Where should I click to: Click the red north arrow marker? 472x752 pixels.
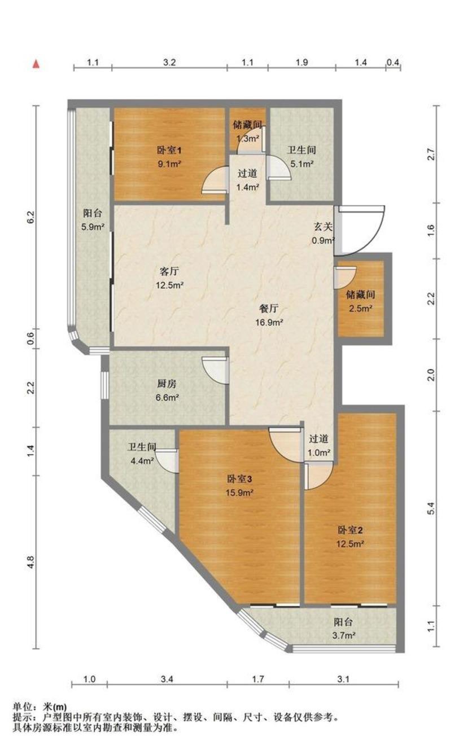click(36, 64)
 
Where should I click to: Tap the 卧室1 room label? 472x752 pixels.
click(169, 151)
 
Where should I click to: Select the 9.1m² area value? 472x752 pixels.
click(169, 164)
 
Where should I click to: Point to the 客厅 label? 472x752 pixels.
click(169, 271)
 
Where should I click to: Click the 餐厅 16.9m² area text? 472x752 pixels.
click(269, 323)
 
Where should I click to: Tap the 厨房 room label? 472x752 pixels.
click(167, 384)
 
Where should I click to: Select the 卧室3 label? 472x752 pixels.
click(239, 479)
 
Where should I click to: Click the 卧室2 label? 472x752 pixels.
click(350, 530)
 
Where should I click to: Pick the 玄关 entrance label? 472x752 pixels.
click(323, 227)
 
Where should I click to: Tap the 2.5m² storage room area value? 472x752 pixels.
click(360, 309)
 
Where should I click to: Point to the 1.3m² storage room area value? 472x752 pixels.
click(248, 138)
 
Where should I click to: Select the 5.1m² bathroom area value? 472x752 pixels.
click(301, 164)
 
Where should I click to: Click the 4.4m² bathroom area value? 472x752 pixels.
click(142, 460)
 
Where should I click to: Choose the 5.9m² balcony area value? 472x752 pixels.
click(93, 227)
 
